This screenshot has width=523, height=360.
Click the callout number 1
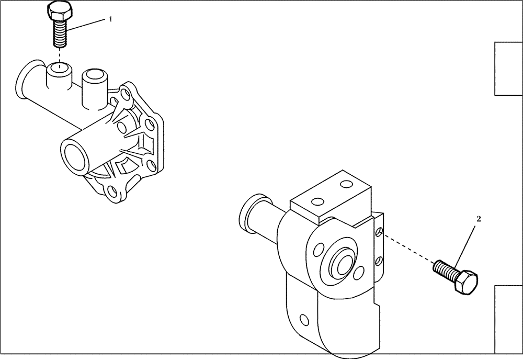click(x=110, y=19)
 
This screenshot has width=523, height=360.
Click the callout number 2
click(x=477, y=219)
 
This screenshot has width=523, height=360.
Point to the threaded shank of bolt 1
click(x=60, y=32)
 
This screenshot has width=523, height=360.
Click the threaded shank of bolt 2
click(x=444, y=269)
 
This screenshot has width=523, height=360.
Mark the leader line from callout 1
click(x=86, y=25)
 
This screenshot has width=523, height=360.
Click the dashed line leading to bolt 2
click(x=408, y=248)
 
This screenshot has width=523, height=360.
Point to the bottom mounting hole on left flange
click(x=112, y=192)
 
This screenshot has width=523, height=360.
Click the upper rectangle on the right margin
click(x=508, y=69)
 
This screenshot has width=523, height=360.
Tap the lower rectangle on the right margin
click(x=508, y=319)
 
